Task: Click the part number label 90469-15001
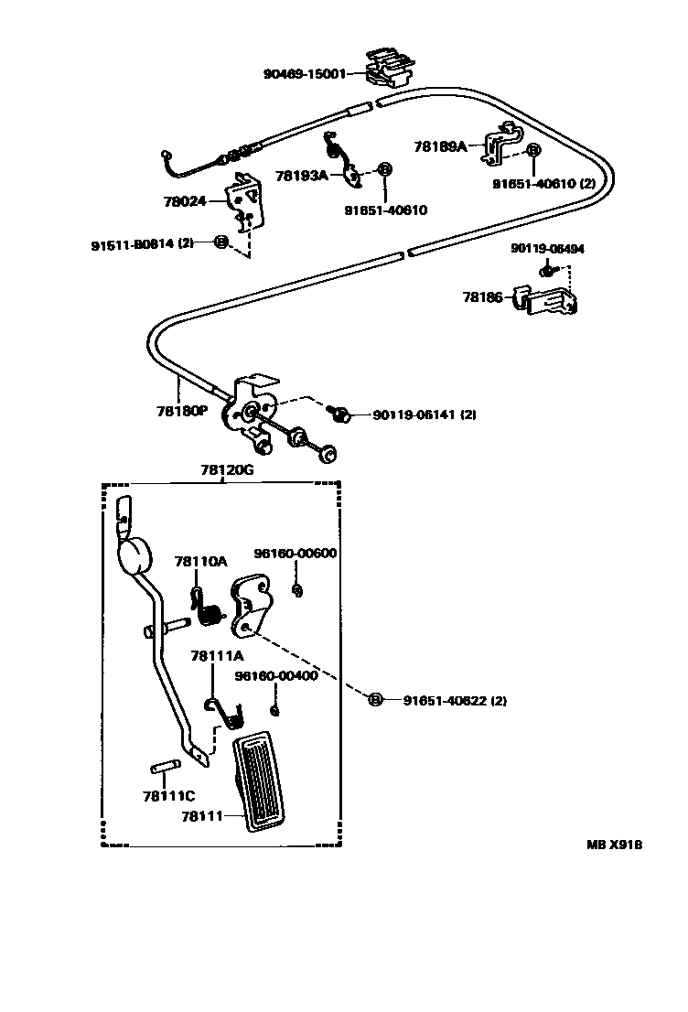pyautogui.click(x=304, y=74)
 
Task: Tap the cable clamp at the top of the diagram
pyautogui.click(x=392, y=66)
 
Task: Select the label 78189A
pyautogui.click(x=440, y=145)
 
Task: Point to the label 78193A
pyautogui.click(x=301, y=174)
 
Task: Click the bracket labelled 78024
pyautogui.click(x=245, y=201)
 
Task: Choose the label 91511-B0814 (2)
pyautogui.click(x=142, y=243)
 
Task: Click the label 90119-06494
pyautogui.click(x=547, y=248)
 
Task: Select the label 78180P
pyautogui.click(x=181, y=411)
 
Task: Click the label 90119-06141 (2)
pyautogui.click(x=425, y=414)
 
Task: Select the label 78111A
pyautogui.click(x=217, y=656)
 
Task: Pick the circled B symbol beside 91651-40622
pyautogui.click(x=374, y=700)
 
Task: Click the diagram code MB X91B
pyautogui.click(x=614, y=845)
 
